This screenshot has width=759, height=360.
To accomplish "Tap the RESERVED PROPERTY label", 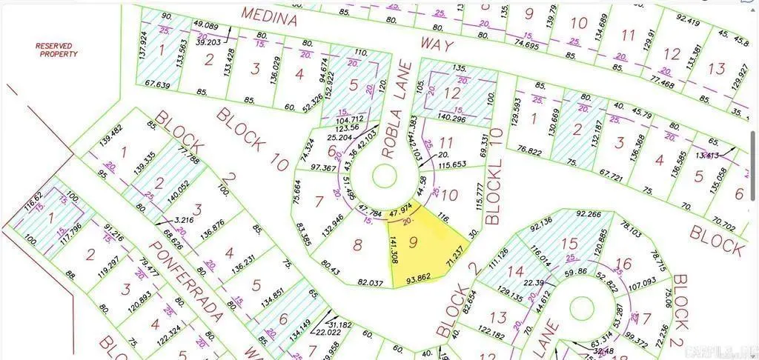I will tap(59, 50).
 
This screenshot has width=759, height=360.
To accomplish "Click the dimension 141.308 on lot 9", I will tap(393, 250).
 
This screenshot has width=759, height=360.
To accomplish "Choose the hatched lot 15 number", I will tap(569, 244).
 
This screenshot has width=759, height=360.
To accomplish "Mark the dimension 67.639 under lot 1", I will tap(157, 84).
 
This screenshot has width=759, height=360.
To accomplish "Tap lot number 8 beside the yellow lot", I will tap(357, 245).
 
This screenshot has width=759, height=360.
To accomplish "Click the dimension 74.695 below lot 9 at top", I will tap(527, 44).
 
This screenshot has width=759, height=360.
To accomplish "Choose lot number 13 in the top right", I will tap(716, 68).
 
